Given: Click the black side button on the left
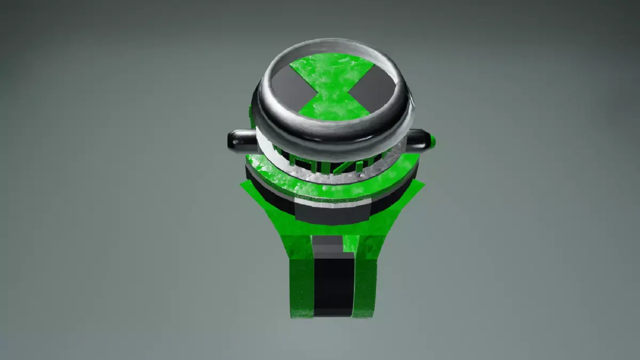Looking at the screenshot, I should tap(239, 140).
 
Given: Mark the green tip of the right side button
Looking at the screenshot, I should tap(433, 142).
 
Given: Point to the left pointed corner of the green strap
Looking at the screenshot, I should tap(243, 184).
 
